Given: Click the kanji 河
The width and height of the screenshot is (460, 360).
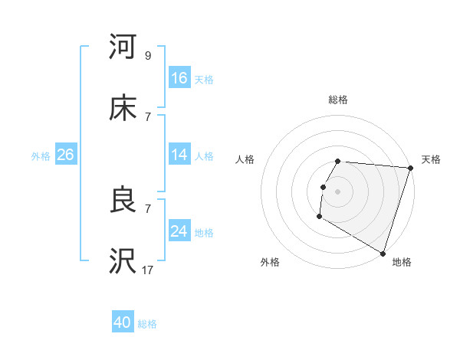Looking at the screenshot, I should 123,47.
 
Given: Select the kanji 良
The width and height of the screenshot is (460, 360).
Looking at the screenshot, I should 123,200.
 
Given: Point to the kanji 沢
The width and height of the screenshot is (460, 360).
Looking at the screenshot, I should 123,261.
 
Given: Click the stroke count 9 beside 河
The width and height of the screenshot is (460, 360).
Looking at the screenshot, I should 147,56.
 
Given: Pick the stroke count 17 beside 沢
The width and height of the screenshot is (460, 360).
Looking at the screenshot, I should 147,270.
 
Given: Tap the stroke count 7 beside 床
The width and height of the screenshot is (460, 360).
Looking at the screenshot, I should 147,116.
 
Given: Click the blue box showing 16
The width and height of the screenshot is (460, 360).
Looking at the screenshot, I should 179,78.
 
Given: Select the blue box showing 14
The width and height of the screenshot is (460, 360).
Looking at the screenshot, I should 179,155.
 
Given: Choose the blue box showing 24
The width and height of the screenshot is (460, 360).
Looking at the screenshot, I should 179,231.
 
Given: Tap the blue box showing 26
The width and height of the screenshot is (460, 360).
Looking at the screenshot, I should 65,155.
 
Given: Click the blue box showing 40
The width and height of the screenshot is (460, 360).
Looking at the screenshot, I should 123,323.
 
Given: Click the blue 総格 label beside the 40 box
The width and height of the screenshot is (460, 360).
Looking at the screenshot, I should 147,324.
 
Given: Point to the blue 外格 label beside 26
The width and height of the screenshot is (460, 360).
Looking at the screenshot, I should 41,155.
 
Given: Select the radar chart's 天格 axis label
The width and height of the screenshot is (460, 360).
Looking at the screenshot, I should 431,159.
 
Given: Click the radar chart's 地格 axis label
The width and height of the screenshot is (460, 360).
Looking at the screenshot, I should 402,262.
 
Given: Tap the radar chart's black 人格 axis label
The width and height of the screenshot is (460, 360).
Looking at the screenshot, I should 245,159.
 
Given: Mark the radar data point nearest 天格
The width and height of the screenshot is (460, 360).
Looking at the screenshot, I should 410,168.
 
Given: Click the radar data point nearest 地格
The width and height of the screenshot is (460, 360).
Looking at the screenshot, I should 383,253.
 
